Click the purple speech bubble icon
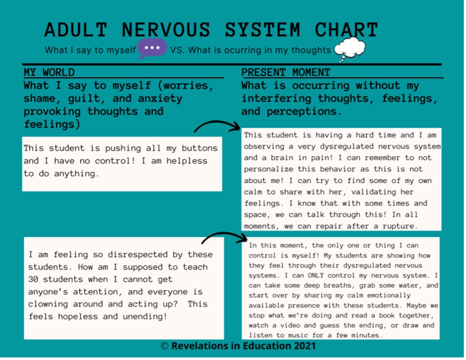(x=153, y=48)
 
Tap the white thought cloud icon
(x=350, y=48)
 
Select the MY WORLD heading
(x=49, y=73)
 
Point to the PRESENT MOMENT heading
(x=286, y=73)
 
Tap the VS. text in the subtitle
(x=177, y=50)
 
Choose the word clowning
(x=49, y=304)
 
